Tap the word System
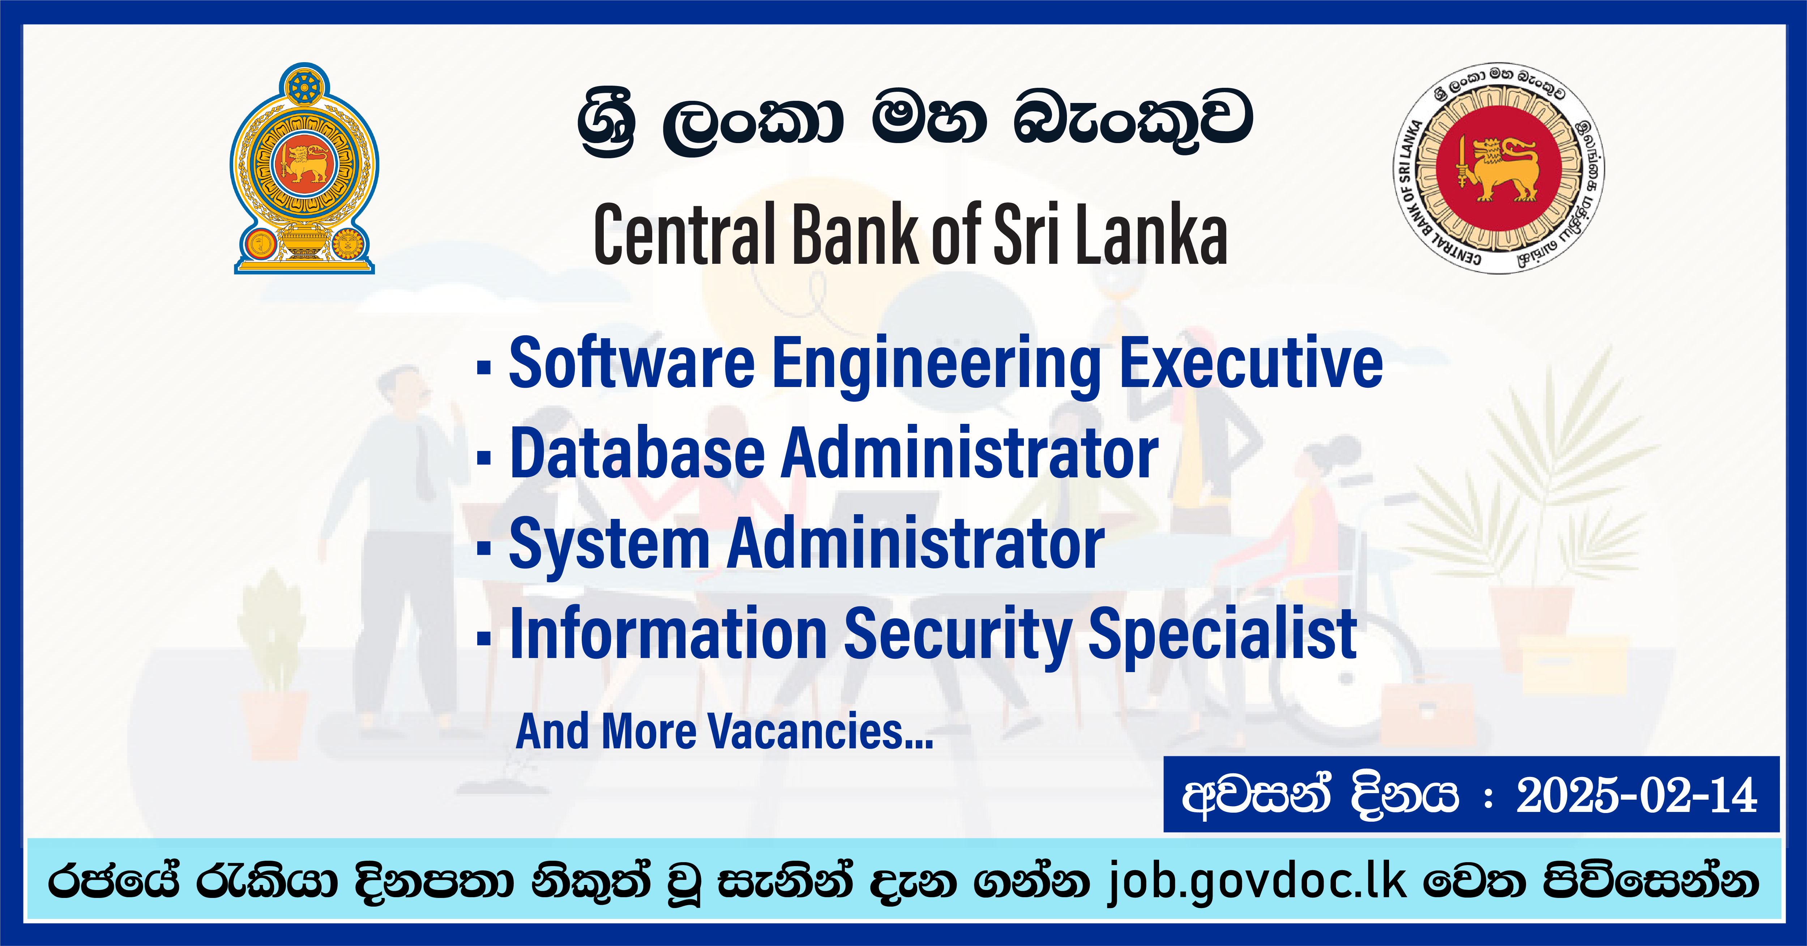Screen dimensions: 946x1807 pyautogui.click(x=609, y=544)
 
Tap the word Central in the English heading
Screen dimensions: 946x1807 pyautogui.click(x=684, y=235)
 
